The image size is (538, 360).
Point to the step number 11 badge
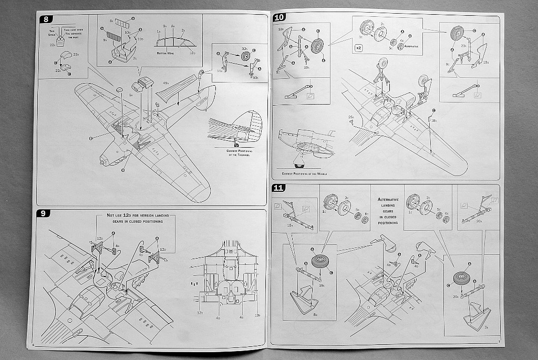click(279, 188)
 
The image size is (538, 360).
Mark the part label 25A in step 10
click(350, 117)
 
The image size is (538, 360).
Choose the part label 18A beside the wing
click(434, 120)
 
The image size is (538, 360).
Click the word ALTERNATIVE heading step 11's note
click(388, 200)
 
